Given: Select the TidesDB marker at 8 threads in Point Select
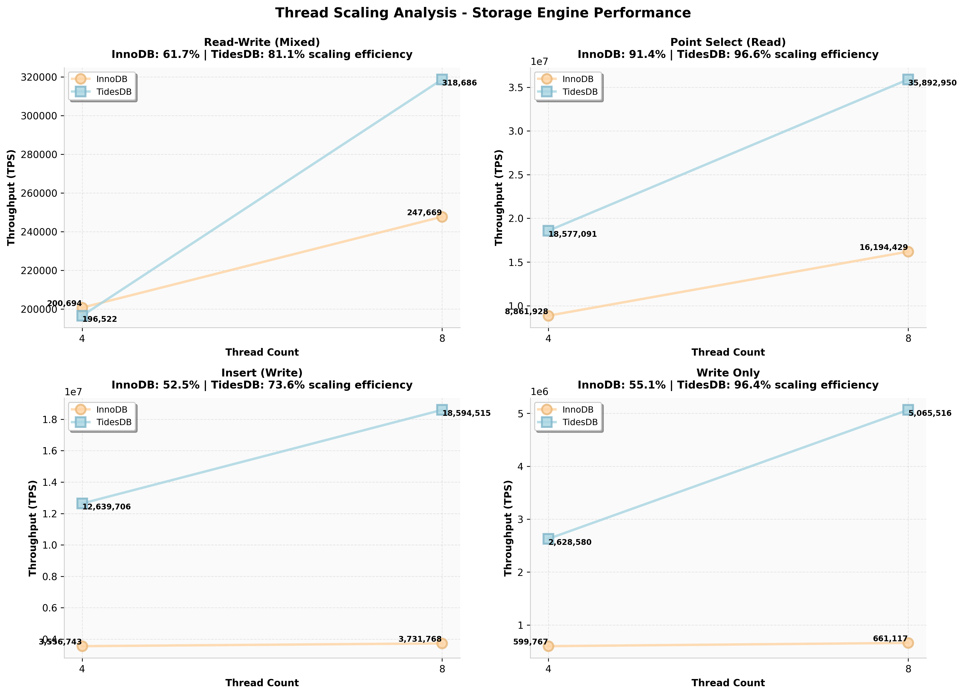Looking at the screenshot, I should tap(908, 79).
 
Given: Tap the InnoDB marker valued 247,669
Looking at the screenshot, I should tap(442, 217).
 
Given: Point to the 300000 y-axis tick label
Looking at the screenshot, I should tap(39, 116).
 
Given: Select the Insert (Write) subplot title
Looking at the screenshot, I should tap(262, 373).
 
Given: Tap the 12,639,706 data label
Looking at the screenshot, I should tap(106, 507).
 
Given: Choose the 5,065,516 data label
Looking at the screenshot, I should tap(930, 413).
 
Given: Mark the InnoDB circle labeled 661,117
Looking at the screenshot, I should tap(908, 643).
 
